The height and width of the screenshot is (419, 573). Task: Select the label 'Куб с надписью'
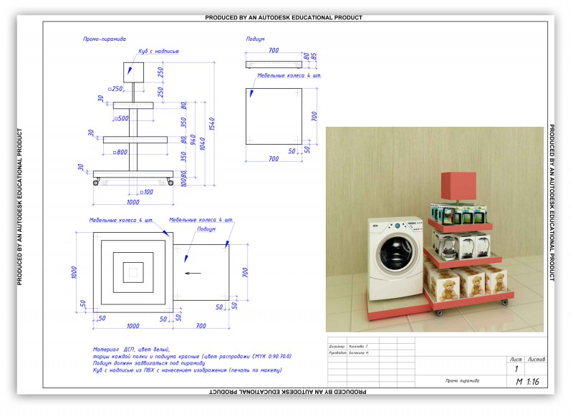(x=159, y=52)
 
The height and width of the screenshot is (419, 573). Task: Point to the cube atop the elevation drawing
(x=134, y=70)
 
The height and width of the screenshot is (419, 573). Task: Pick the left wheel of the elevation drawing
(x=96, y=184)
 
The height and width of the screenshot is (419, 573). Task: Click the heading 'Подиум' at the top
(x=255, y=39)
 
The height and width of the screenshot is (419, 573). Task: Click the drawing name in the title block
(x=461, y=381)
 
